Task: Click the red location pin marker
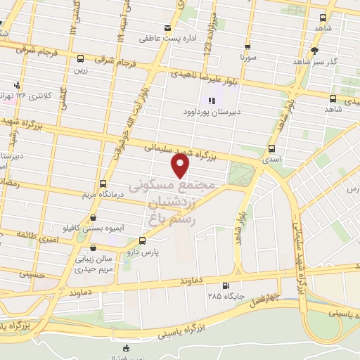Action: [x=181, y=165]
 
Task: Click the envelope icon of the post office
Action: [x=167, y=29]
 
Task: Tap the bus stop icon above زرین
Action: [x=80, y=59]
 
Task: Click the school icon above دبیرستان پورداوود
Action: [x=212, y=101]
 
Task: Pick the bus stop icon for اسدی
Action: [x=271, y=148]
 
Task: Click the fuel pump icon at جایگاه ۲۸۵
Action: [x=225, y=285]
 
